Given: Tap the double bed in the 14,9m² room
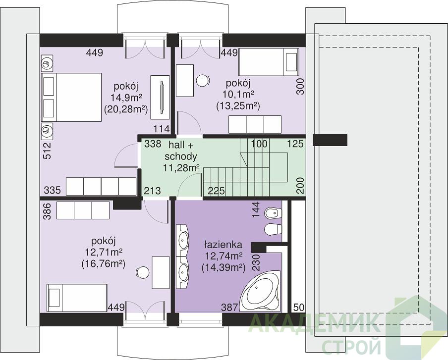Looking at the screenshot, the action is tap(72, 98).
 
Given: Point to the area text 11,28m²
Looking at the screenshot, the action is tap(181, 168).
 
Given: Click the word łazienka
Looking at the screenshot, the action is tap(223, 245).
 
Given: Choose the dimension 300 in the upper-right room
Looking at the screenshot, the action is tap(300, 86).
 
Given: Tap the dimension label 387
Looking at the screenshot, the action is tap(229, 307).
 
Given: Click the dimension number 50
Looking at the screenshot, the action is tap(298, 307).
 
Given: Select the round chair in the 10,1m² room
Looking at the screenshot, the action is tap(203, 81).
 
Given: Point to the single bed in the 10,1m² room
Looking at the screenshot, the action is tap(269, 62).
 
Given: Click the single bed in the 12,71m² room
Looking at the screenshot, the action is tap(77, 298).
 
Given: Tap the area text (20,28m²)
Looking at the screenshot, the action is tap(126, 109).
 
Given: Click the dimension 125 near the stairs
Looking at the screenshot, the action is tap(295, 144).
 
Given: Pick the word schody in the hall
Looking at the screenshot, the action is tap(181, 156).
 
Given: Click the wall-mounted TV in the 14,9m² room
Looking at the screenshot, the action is tap(162, 98).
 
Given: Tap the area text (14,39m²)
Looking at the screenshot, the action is tap(224, 267).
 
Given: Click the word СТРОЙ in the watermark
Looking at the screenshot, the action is tap(351, 346).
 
